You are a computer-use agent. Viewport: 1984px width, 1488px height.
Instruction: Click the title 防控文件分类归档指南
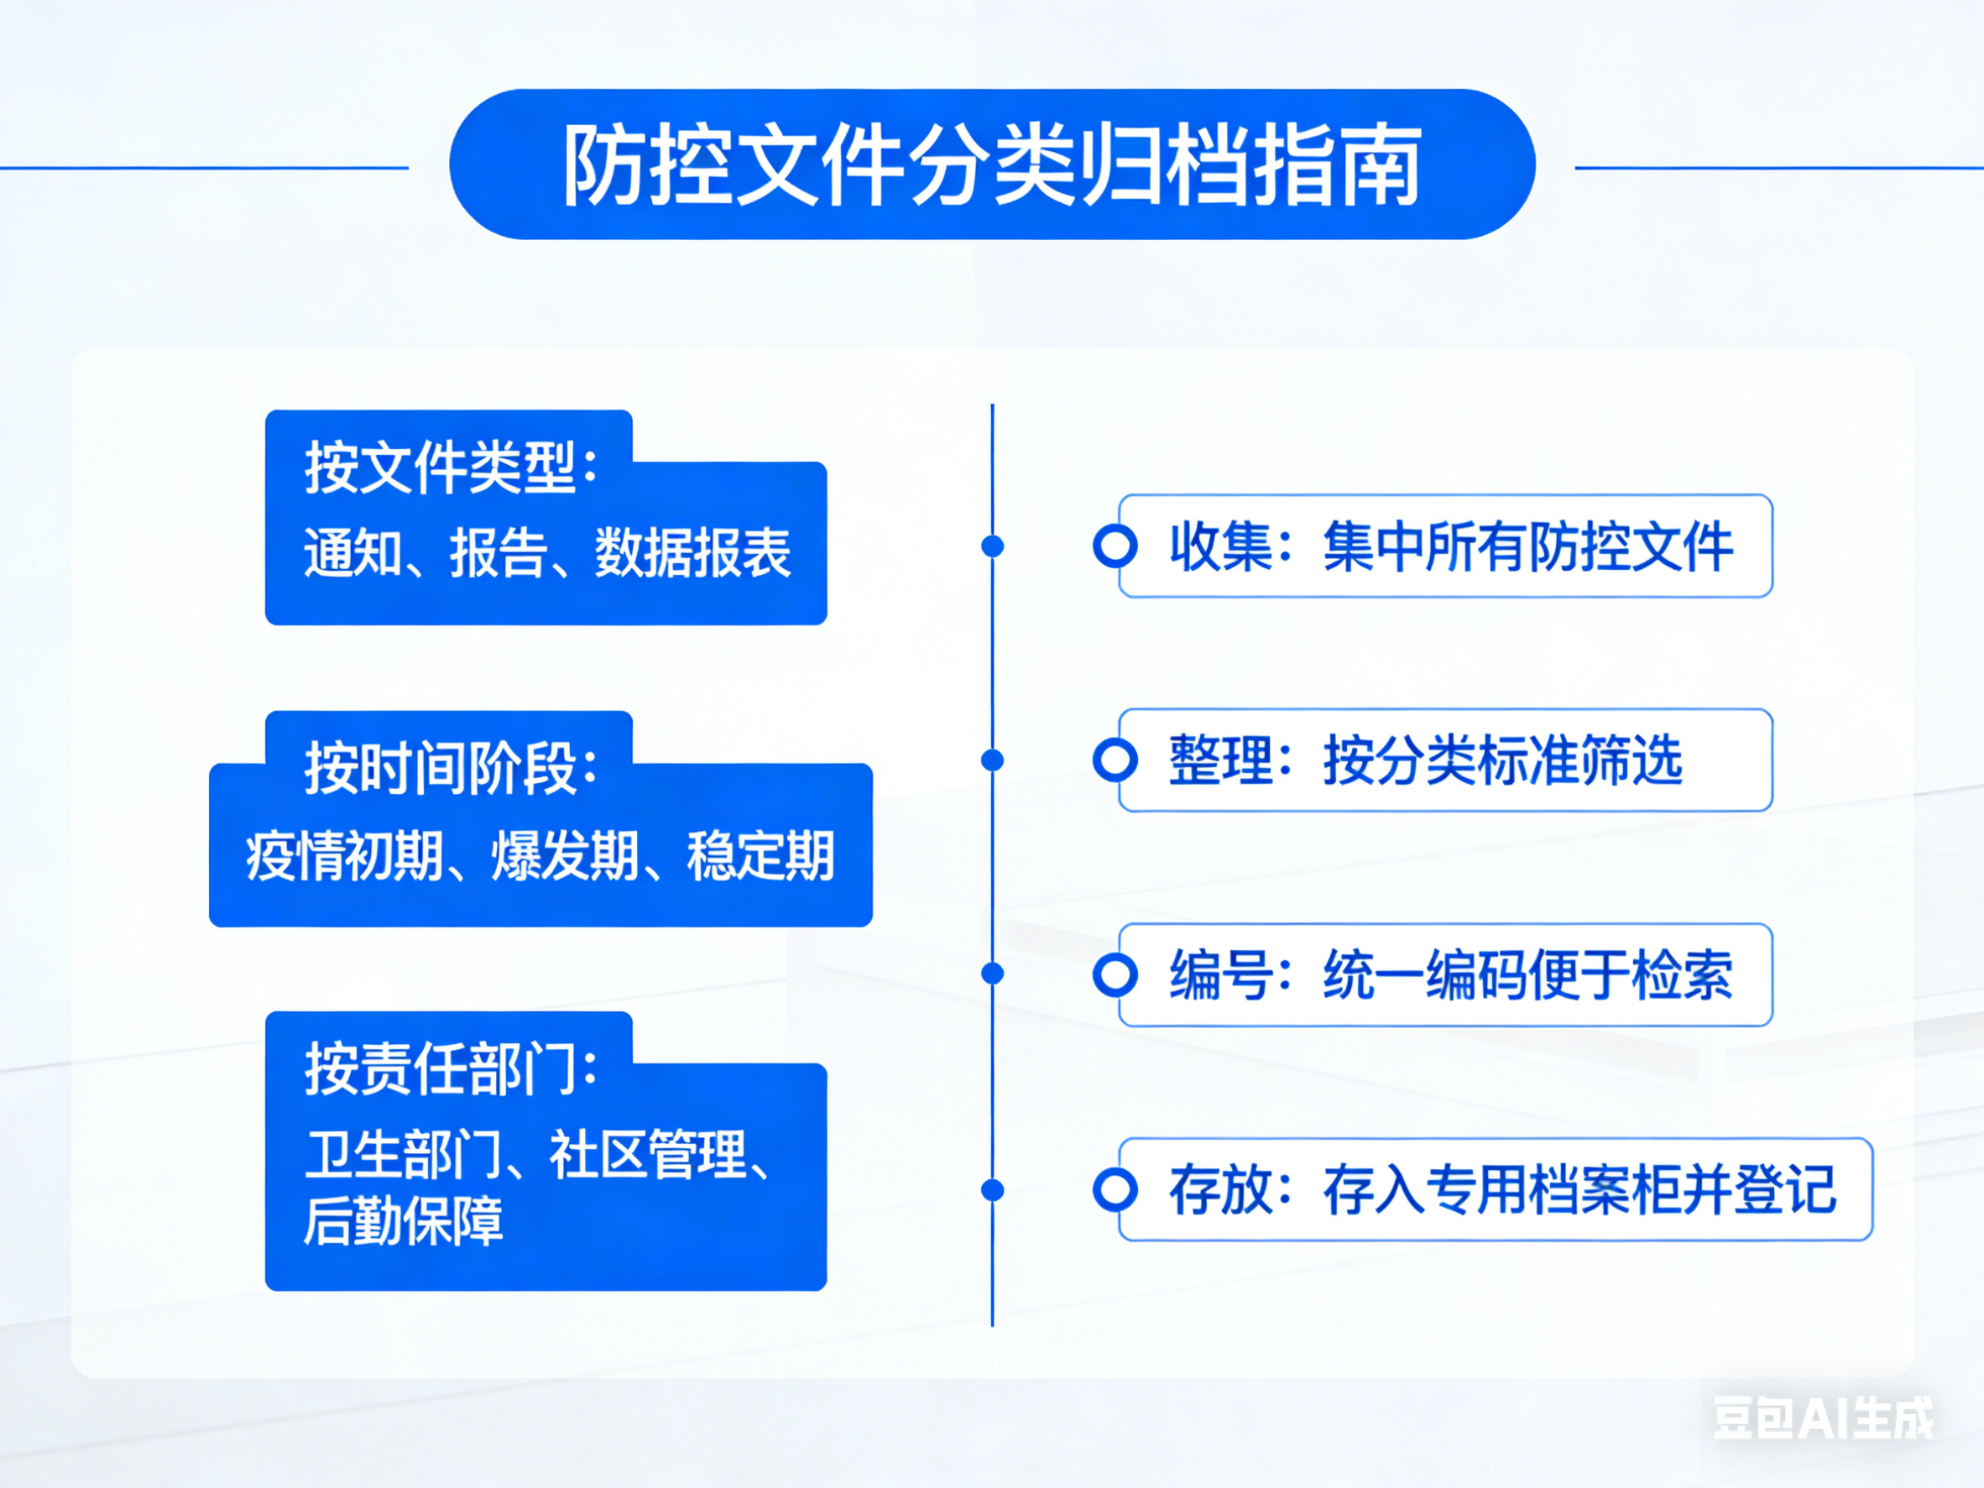tap(992, 165)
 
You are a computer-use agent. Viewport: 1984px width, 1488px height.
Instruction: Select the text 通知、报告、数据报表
tap(547, 551)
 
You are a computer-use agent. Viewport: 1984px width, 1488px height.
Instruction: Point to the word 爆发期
tap(564, 854)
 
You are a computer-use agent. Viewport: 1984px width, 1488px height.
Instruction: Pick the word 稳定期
tap(760, 854)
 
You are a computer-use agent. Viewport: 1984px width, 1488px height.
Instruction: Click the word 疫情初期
tap(343, 854)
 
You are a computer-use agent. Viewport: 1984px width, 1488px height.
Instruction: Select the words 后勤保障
tap(404, 1221)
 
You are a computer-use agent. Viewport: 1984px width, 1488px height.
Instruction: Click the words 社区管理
tap(648, 1153)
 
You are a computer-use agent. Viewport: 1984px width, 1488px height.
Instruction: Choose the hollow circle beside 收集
tap(1115, 546)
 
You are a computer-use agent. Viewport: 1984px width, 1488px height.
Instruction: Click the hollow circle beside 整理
tap(1115, 760)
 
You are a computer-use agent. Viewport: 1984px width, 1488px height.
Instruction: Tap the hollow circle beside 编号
tap(1115, 975)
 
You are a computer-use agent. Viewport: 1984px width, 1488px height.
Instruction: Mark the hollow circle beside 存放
tap(1115, 1189)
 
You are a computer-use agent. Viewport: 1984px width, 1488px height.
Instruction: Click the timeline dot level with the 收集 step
tap(992, 546)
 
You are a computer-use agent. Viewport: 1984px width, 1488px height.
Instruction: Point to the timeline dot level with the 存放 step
tap(992, 1190)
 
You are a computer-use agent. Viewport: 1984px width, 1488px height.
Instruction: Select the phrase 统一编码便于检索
tap(1527, 975)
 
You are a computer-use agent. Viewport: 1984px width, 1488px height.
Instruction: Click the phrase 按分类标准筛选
tap(1502, 760)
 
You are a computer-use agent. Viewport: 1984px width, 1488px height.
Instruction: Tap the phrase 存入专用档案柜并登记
tap(1579, 1189)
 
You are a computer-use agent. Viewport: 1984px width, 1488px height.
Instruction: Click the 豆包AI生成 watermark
tap(1824, 1418)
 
